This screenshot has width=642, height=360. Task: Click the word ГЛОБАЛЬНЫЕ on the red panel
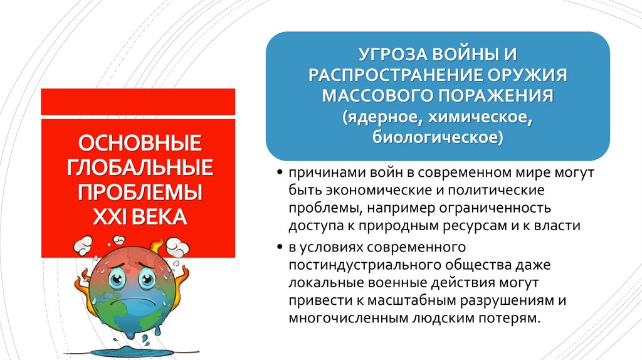[x=139, y=167]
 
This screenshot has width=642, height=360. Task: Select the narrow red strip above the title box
[x=138, y=102]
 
